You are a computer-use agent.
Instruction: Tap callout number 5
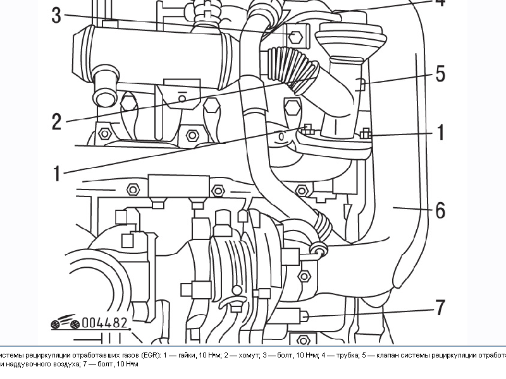pyautogui.click(x=440, y=74)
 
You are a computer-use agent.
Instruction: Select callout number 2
pyautogui.click(x=56, y=121)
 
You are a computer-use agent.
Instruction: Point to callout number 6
pyautogui.click(x=440, y=209)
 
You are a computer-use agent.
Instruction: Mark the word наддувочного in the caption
pyautogui.click(x=29, y=364)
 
